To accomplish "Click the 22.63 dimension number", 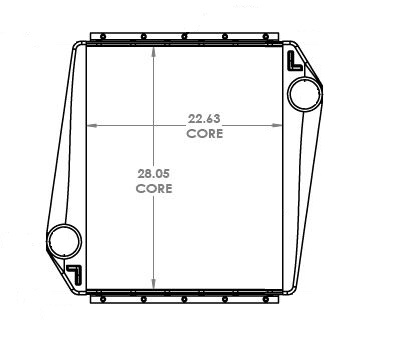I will pyautogui.click(x=204, y=117).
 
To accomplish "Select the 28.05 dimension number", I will pyautogui.click(x=153, y=172).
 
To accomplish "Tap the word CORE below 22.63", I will pyautogui.click(x=204, y=131).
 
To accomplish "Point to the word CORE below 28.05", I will pyautogui.click(x=153, y=187).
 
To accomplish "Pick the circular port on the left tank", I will pyautogui.click(x=64, y=240).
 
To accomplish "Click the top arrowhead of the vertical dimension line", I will pyautogui.click(x=153, y=51).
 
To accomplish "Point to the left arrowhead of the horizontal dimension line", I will pyautogui.click(x=91, y=126).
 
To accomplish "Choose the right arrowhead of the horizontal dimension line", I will pyautogui.click(x=279, y=126).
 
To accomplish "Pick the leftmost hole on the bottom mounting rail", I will pyautogui.click(x=100, y=300).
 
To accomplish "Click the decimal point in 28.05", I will pyautogui.click(x=152, y=176).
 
